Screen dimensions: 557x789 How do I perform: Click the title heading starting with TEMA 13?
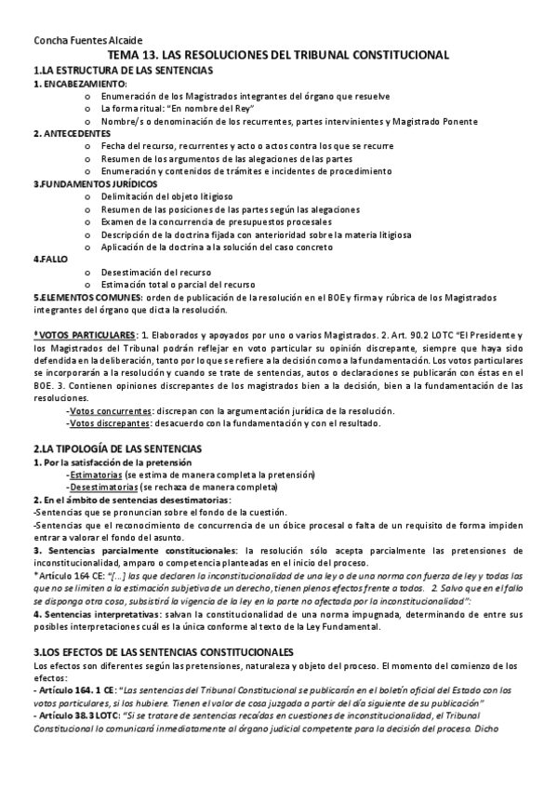click(x=279, y=56)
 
